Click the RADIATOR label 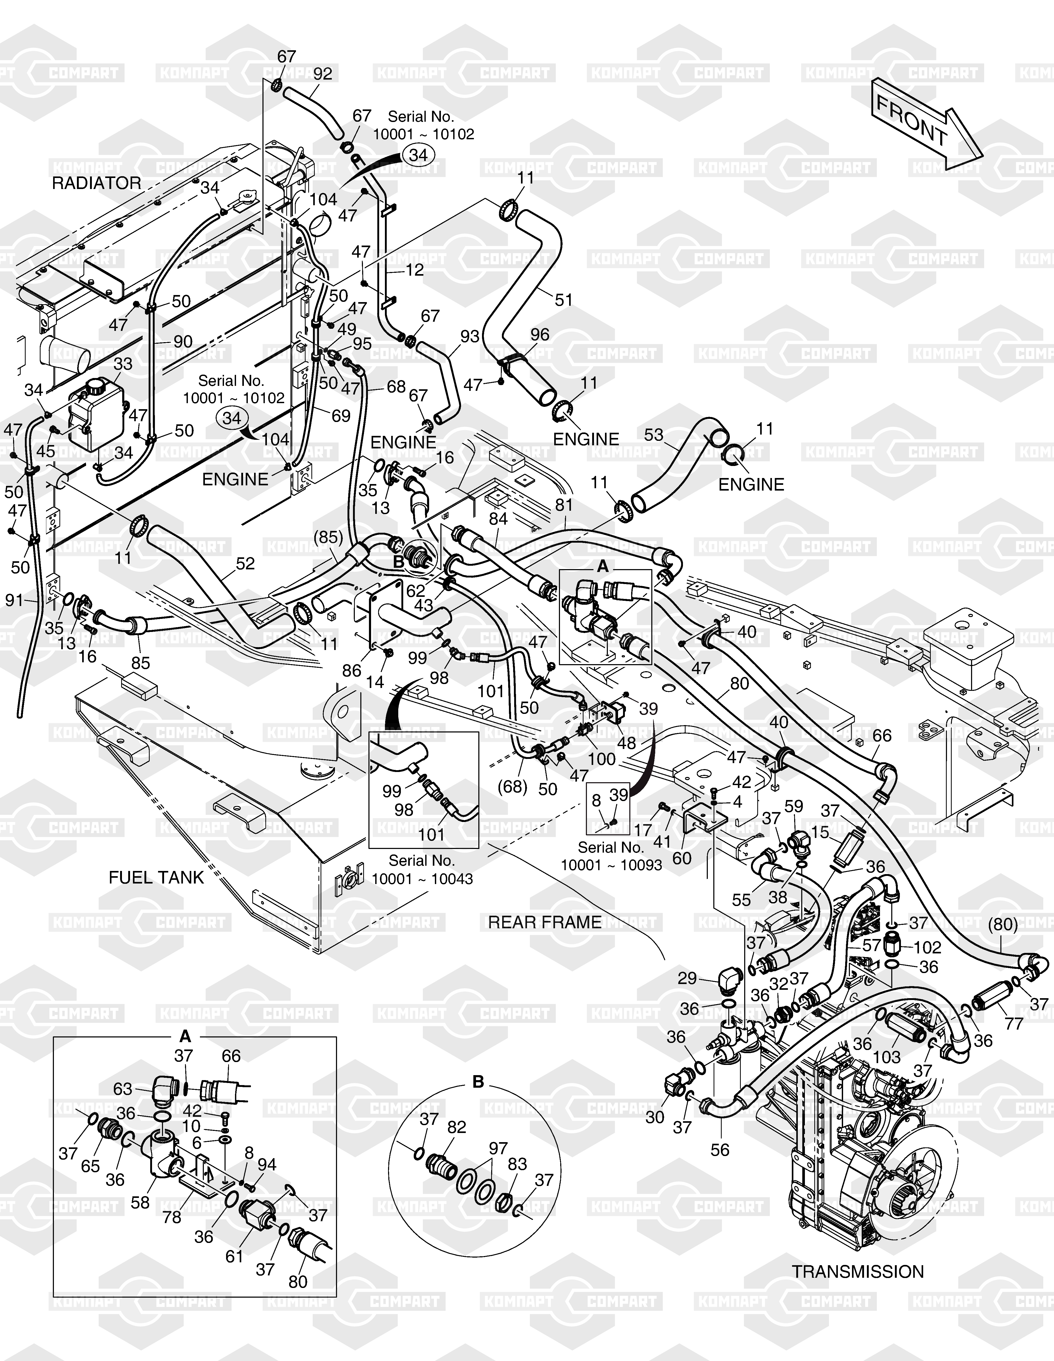(x=97, y=183)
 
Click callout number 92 (x=323, y=74)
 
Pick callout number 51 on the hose (x=564, y=300)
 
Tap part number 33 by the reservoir (x=123, y=364)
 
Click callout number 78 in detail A (x=172, y=1216)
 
